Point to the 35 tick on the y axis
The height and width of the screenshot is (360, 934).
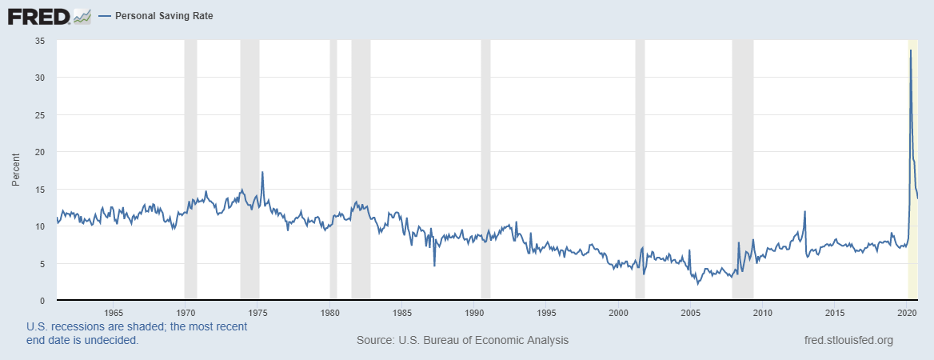coord(40,41)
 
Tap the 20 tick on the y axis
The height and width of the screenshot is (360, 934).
coord(40,152)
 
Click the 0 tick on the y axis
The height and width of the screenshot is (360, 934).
coord(42,301)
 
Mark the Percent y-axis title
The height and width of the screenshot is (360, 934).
coord(15,170)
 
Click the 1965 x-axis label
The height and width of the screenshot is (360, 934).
coord(114,312)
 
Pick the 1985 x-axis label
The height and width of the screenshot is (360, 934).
coord(402,312)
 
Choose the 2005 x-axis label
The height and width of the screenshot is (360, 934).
coord(691,312)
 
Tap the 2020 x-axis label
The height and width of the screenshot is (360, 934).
coord(907,312)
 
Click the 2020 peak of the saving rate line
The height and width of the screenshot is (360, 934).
coord(911,50)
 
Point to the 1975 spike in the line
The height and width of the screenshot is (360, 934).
coord(262,172)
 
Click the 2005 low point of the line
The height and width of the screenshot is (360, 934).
coord(697,283)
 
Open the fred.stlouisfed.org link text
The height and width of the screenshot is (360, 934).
coord(848,340)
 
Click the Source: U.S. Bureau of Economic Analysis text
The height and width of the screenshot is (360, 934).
coord(462,340)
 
